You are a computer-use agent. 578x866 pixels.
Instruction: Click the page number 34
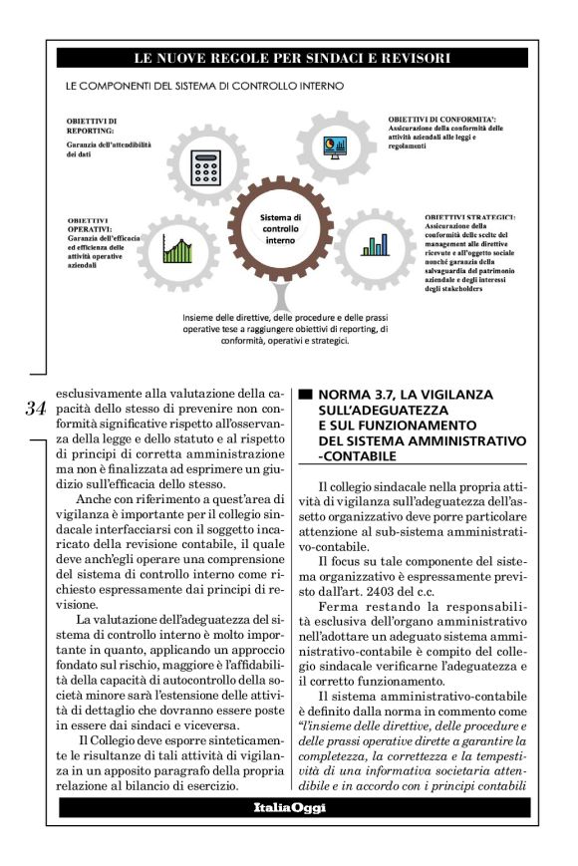(x=36, y=409)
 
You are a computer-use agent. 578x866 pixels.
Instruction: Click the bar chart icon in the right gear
(x=374, y=244)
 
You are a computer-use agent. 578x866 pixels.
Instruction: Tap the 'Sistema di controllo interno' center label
(x=280, y=228)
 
